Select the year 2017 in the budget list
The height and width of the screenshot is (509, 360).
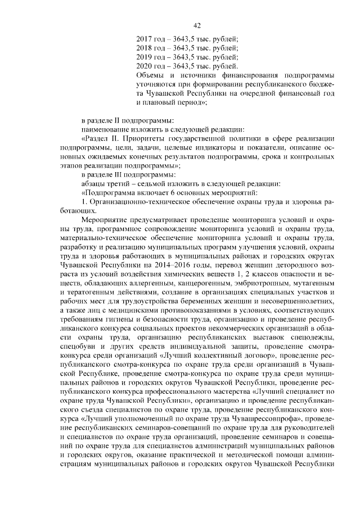point(145,39)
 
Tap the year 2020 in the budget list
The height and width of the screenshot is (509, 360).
point(145,66)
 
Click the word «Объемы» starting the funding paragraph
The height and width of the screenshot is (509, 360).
point(152,75)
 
